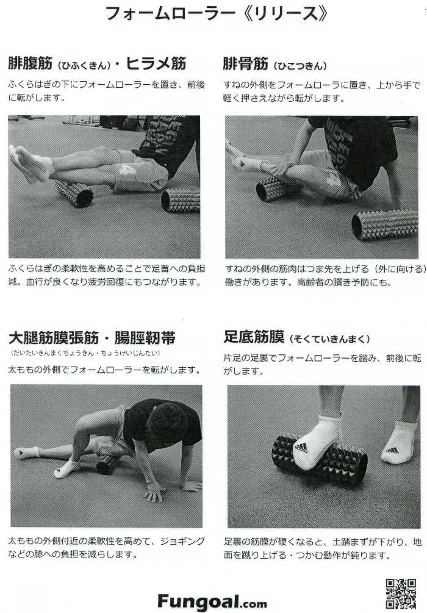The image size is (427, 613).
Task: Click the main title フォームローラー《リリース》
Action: point(216,13)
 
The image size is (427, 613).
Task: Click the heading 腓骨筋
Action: point(246,63)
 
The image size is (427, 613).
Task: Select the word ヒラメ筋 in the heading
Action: point(156,63)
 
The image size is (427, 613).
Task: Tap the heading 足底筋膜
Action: point(254,337)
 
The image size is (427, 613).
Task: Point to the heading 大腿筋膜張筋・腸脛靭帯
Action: point(92,338)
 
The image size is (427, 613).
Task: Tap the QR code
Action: point(401,593)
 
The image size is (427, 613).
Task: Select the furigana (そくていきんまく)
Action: point(329,339)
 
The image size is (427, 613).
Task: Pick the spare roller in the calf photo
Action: point(181,201)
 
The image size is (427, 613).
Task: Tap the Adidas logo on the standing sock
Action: point(392,451)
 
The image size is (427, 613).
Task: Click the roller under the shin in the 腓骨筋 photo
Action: point(274,189)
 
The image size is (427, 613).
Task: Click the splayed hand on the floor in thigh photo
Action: point(153,493)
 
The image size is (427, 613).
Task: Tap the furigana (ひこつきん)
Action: point(300,66)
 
